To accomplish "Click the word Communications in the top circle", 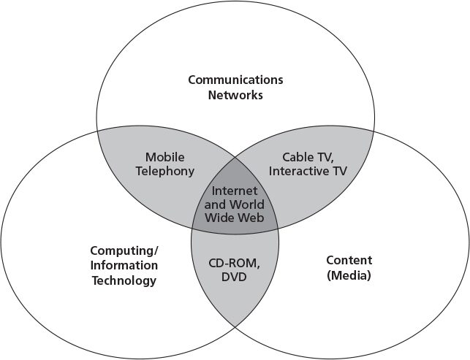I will click(x=235, y=80).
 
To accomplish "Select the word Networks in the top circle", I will click(x=235, y=95).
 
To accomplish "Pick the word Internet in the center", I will click(x=235, y=191).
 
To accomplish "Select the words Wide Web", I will click(x=235, y=218).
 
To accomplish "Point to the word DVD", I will click(x=235, y=277).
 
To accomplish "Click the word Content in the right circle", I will click(x=349, y=260).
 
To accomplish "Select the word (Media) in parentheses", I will click(x=349, y=275).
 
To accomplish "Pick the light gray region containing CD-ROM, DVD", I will click(x=235, y=299).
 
